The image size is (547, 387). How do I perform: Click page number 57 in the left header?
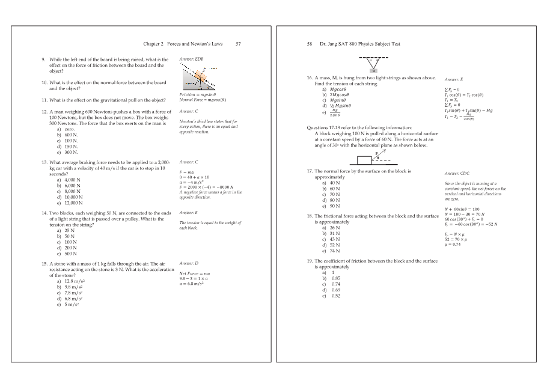tap(238, 44)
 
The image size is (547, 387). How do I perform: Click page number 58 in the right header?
tap(310, 44)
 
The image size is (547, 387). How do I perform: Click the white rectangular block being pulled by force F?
tap(364, 160)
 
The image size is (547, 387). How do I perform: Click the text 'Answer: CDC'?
tap(457, 173)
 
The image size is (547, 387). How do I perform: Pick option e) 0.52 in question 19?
tap(331, 296)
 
